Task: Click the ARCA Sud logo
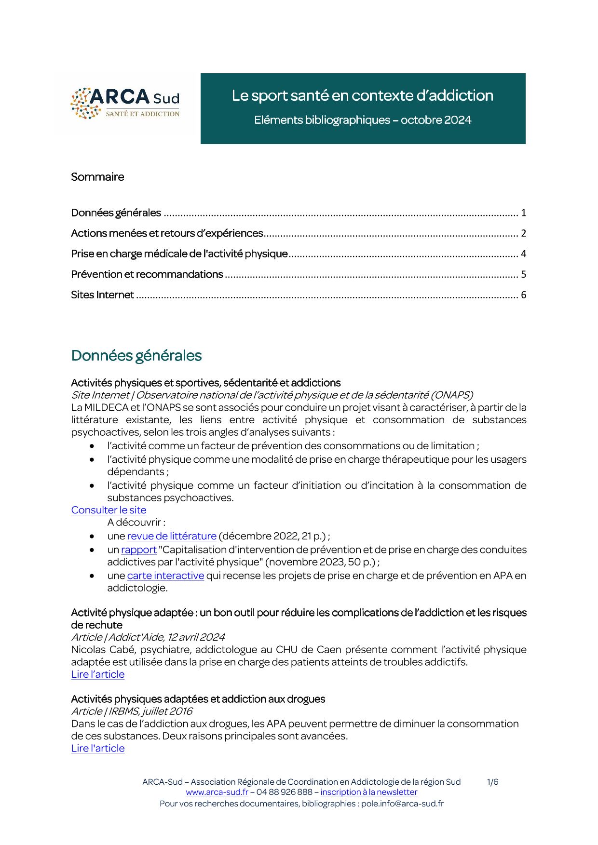(125, 103)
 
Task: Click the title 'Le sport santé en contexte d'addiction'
(362, 95)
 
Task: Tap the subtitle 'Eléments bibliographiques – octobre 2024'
(362, 120)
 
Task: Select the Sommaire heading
(97, 177)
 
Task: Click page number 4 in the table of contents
(523, 254)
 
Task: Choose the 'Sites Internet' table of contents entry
(102, 295)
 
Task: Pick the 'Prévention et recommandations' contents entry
(147, 275)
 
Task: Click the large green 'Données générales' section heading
(136, 356)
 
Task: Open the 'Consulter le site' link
(109, 510)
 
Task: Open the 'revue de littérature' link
(172, 536)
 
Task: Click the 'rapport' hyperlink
(139, 550)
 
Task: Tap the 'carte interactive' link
(165, 576)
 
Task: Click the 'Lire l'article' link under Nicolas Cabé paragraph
(97, 674)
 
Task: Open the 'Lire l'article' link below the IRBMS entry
(97, 748)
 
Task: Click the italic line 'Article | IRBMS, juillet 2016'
(132, 711)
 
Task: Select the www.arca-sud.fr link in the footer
(217, 792)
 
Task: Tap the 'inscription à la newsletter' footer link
(368, 792)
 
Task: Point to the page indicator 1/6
(492, 782)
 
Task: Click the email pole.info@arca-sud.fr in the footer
(402, 804)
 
